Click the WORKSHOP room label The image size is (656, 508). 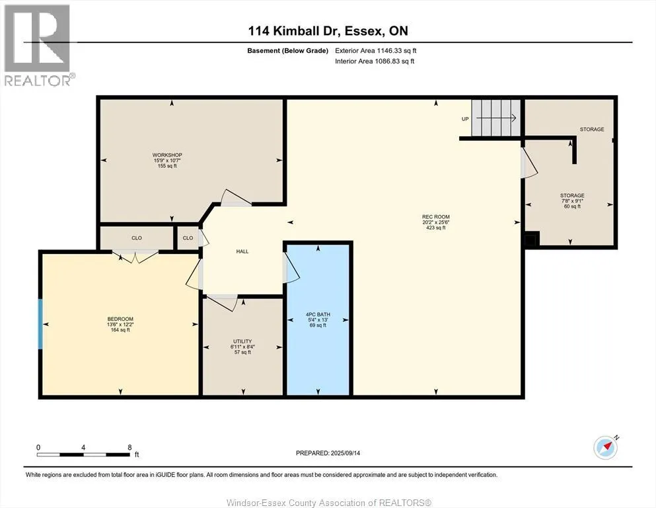click(x=167, y=155)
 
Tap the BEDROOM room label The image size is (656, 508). click(x=120, y=319)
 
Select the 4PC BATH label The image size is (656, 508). click(x=318, y=314)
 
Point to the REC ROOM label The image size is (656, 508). click(x=435, y=217)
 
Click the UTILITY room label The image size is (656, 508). click(x=242, y=341)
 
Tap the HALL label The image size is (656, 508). click(x=242, y=252)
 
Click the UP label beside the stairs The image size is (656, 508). click(x=465, y=119)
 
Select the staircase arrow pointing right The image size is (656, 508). click(x=495, y=118)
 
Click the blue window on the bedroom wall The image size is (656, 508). click(x=40, y=323)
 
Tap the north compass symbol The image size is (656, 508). click(x=606, y=447)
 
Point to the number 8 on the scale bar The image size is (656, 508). click(x=129, y=447)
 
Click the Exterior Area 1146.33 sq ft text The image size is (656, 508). click(x=376, y=51)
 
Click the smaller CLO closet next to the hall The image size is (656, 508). click(x=188, y=238)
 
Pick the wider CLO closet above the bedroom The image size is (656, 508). click(x=136, y=238)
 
